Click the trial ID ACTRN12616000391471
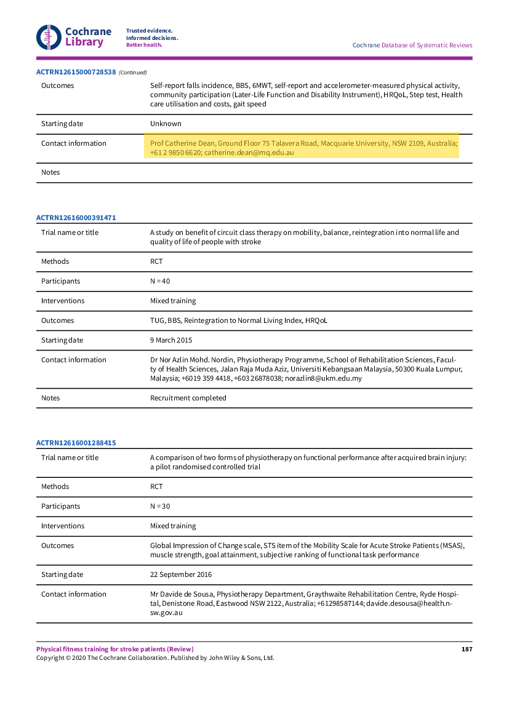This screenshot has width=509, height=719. coord(76,218)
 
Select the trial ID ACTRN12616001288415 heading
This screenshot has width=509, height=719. coord(76,443)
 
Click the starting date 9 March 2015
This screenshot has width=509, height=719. coord(171,340)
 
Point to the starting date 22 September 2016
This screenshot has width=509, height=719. coord(181,574)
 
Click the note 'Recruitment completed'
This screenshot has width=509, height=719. coord(188,398)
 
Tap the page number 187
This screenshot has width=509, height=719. coord(467,649)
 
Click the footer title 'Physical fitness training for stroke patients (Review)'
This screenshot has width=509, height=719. coord(114,649)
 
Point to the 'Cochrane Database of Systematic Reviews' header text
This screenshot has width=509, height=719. coord(412,45)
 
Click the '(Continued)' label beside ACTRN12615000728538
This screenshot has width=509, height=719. coord(133,73)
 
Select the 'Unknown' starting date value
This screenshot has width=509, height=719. coord(166,124)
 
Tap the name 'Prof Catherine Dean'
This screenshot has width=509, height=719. coord(182,143)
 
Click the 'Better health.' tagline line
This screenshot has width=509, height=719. coord(144,45)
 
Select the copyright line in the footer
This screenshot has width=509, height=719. coord(155,657)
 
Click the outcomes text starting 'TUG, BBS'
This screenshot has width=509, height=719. coord(243,320)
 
